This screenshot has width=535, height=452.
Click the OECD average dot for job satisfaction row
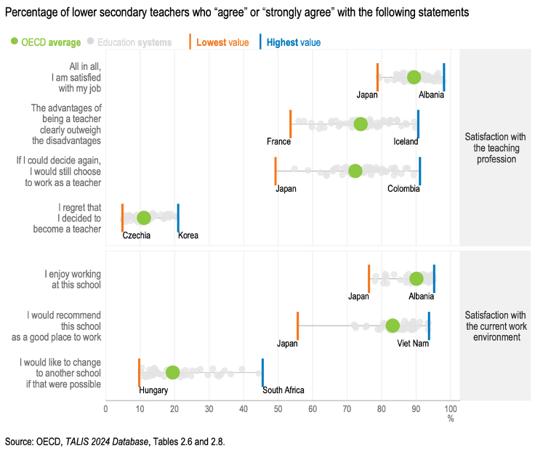tap(414, 78)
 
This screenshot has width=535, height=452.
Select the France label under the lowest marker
tap(278, 142)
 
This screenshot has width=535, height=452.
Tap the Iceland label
tap(406, 142)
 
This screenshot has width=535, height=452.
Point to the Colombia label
tap(403, 189)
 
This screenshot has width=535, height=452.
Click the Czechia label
tap(136, 235)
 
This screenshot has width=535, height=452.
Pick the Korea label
tap(188, 235)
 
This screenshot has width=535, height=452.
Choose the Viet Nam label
tap(413, 343)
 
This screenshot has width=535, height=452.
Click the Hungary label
tap(153, 390)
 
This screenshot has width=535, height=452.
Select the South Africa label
tap(283, 390)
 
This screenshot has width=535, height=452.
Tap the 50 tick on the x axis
tap(278, 408)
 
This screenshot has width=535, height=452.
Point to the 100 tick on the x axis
tap(451, 408)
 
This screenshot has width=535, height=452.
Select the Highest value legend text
tap(293, 43)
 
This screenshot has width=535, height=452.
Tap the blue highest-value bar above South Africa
tap(262, 372)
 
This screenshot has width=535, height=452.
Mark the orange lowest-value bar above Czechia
tap(122, 218)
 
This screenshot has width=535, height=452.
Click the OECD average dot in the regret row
tap(144, 218)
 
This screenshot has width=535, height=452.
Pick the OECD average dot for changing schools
tap(172, 372)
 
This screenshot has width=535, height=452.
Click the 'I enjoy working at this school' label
tap(73, 279)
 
